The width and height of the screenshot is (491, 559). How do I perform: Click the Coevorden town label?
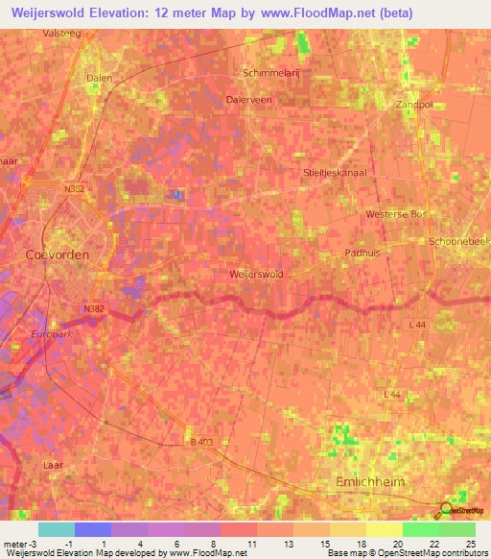click(57, 255)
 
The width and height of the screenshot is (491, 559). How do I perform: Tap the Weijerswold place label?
click(256, 274)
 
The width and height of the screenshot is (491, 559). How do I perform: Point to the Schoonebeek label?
click(461, 241)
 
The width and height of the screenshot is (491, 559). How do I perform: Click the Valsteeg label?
click(61, 32)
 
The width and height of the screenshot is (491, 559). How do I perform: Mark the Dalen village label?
click(99, 78)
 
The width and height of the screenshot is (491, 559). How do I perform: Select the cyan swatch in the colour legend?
click(56, 529)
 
